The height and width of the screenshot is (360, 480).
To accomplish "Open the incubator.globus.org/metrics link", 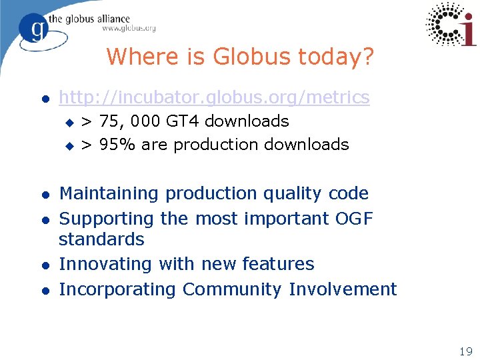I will [214, 97].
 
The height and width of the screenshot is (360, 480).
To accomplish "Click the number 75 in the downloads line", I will [113, 121].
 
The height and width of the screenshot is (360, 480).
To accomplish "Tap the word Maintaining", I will [110, 193].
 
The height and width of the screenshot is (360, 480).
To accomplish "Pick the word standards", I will [101, 239].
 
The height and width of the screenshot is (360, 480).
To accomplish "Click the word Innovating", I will [107, 264].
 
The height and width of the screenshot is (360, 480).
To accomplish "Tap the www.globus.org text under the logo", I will [129, 29].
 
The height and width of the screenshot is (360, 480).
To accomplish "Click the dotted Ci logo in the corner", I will [450, 25].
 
